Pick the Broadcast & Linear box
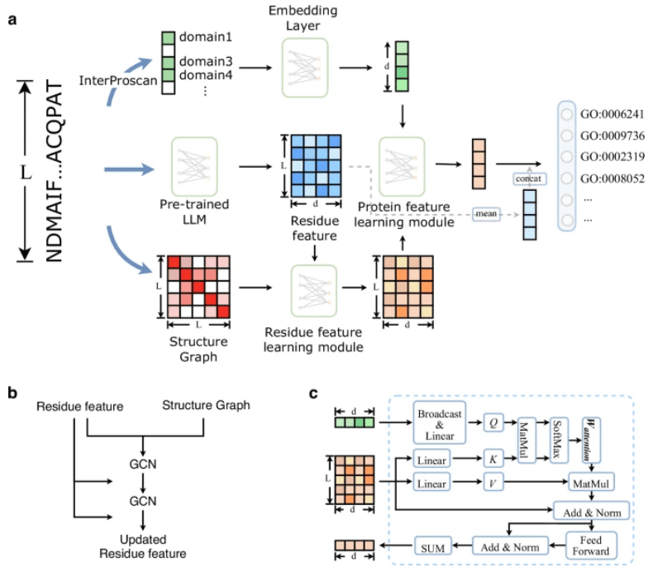pyautogui.click(x=439, y=420)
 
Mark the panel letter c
pyautogui.click(x=314, y=394)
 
